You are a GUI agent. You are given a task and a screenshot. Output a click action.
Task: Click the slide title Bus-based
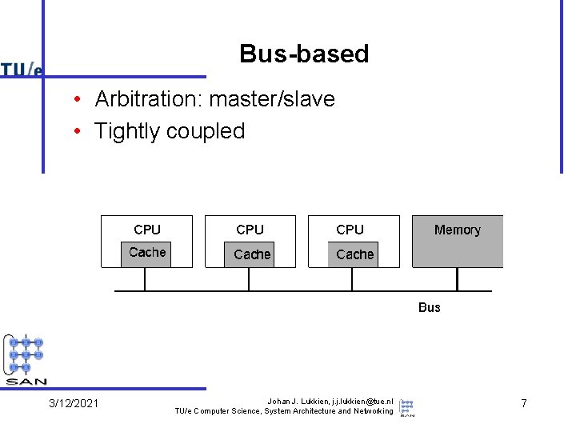click(x=304, y=54)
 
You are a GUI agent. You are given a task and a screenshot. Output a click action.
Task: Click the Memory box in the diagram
click(x=458, y=240)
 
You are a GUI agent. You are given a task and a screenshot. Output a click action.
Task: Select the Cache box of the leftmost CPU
click(x=147, y=254)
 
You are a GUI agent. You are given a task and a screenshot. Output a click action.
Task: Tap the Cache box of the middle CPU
click(x=252, y=254)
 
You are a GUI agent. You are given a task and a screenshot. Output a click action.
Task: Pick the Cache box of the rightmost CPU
click(x=354, y=254)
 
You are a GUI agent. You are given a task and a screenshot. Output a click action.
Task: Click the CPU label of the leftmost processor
click(x=147, y=230)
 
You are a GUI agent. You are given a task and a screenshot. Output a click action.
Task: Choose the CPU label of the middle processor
click(x=250, y=230)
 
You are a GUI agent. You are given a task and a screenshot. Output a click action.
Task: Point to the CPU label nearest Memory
click(x=350, y=230)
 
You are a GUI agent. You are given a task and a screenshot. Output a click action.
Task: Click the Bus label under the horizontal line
click(x=430, y=307)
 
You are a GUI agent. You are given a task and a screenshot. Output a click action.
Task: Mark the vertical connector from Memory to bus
click(x=457, y=278)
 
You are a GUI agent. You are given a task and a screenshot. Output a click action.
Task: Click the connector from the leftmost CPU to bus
click(x=145, y=278)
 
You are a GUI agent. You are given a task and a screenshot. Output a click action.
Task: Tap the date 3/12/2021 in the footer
click(x=74, y=403)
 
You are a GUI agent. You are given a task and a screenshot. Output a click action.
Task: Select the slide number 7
click(x=524, y=403)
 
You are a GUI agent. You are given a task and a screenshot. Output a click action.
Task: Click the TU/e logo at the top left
click(x=22, y=70)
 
